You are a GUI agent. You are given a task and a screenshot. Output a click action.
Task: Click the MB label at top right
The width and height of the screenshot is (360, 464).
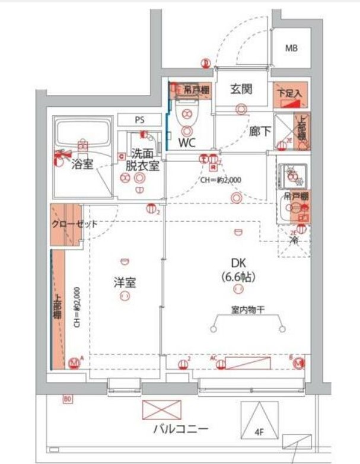[x=291, y=48]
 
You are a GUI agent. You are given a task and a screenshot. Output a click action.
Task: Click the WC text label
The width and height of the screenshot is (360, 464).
[x=187, y=142]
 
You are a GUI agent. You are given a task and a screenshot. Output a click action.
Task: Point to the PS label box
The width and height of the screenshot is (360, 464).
[x=139, y=120]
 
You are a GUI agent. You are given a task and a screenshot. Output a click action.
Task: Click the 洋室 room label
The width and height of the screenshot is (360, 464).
[x=125, y=282]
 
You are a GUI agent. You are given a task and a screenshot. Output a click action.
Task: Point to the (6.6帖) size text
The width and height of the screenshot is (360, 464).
[x=238, y=277]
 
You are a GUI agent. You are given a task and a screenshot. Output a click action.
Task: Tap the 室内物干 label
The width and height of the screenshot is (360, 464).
[x=247, y=309]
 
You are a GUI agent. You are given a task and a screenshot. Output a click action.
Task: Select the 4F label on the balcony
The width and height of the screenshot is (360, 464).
[x=260, y=433]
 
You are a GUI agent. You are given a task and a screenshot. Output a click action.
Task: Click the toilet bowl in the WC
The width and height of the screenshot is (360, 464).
[x=187, y=114]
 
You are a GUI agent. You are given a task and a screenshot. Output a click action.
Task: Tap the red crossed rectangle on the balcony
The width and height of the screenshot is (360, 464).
[x=162, y=410]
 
